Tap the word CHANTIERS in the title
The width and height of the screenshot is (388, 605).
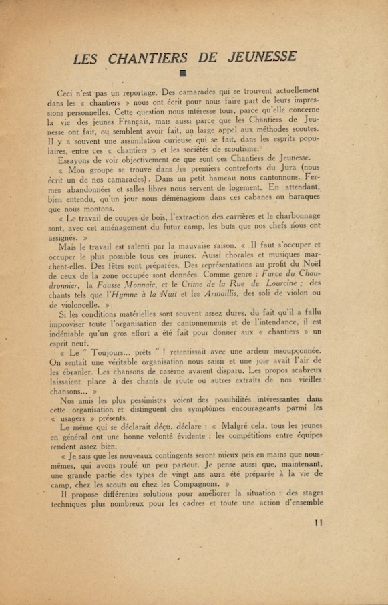148,58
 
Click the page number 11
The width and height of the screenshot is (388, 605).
318,523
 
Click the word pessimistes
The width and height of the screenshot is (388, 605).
134,400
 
